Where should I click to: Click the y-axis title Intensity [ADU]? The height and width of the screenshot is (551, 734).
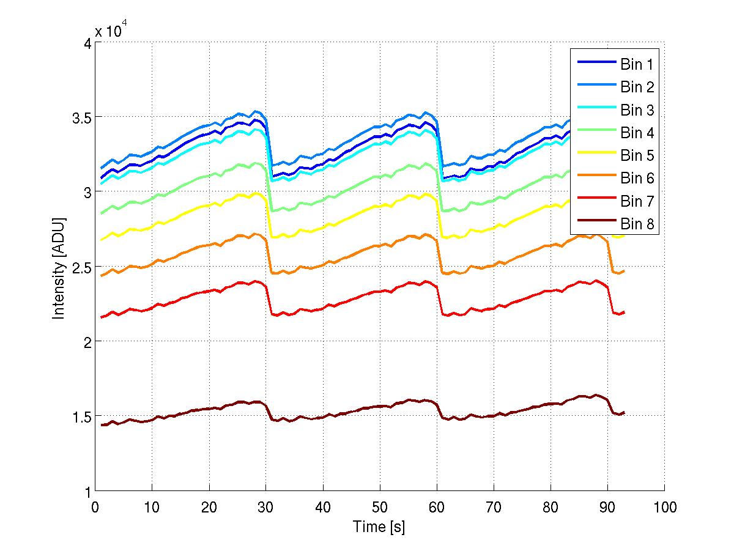tap(59, 267)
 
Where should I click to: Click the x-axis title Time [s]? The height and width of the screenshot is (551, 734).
tap(379, 527)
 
